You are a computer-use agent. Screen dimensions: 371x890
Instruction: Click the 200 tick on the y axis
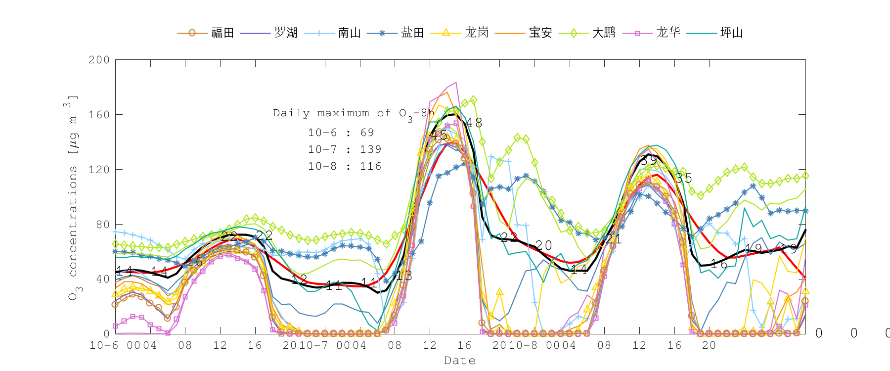[x=99, y=60]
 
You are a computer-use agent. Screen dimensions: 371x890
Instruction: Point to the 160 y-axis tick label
[x=99, y=115]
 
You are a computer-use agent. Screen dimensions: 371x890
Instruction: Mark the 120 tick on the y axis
[x=99, y=170]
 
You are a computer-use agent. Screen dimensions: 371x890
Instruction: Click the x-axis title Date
[x=460, y=361]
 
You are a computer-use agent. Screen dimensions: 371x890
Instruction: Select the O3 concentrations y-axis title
[x=73, y=198]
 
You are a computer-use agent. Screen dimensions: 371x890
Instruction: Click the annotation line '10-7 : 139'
[x=345, y=149]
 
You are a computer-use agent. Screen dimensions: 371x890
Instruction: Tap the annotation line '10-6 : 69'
[x=341, y=133]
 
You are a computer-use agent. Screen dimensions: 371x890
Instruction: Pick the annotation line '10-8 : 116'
[x=345, y=166]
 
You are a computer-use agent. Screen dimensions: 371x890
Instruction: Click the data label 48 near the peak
[x=474, y=123]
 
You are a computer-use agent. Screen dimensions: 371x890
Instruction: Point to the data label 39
[x=649, y=160]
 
